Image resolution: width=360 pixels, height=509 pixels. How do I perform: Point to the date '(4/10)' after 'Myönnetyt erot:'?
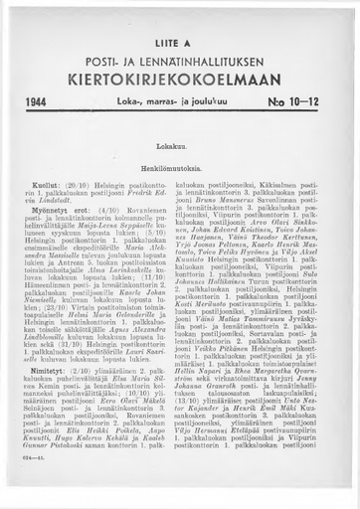click(101, 177)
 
